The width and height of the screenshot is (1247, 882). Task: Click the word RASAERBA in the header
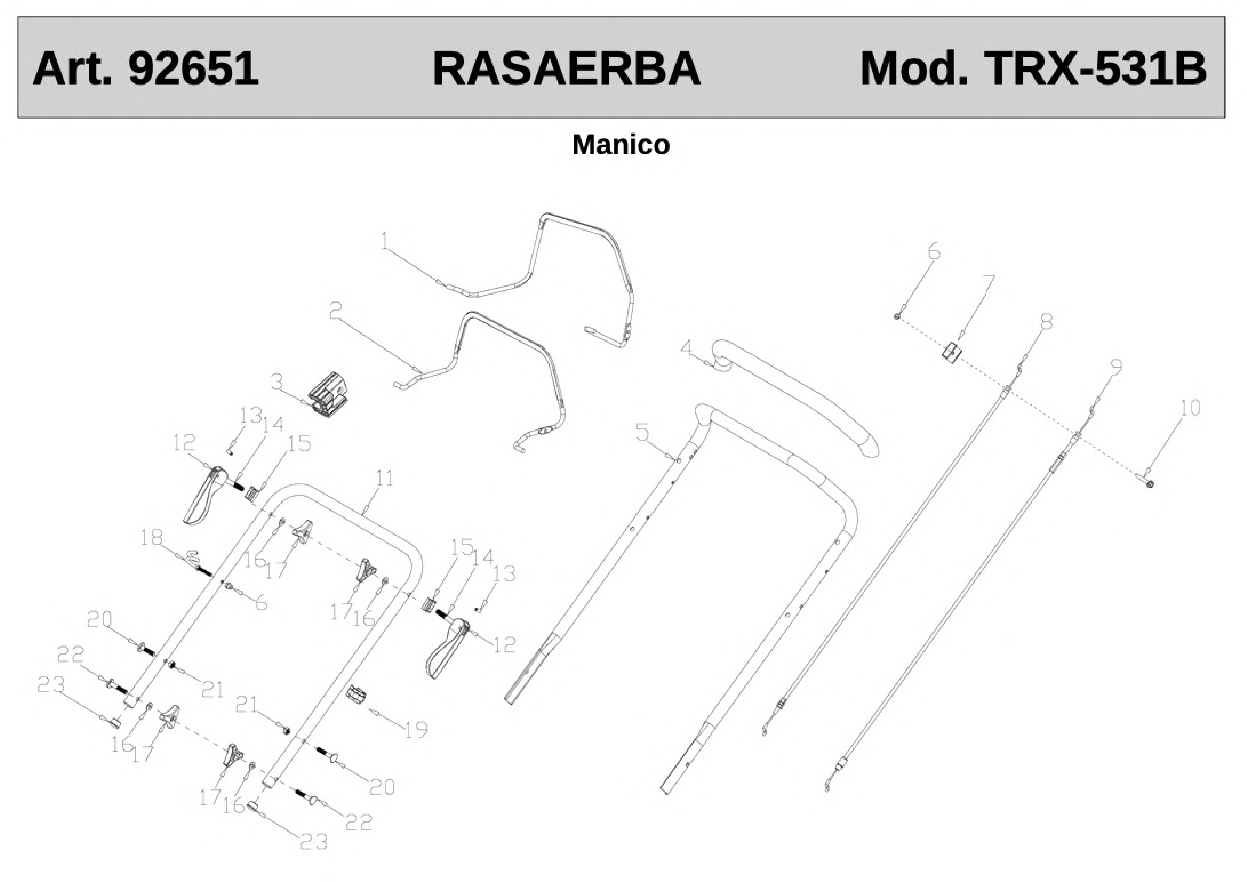(x=567, y=69)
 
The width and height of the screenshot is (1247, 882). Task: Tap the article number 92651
(x=193, y=69)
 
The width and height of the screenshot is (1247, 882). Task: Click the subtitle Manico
(x=621, y=145)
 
